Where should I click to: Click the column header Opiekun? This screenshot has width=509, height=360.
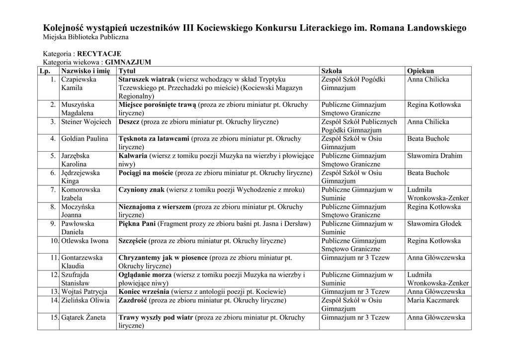[x=421, y=71]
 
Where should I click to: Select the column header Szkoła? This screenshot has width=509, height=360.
[x=332, y=71]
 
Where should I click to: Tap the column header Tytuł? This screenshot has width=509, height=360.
[x=128, y=71]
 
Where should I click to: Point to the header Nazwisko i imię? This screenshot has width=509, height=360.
[x=85, y=71]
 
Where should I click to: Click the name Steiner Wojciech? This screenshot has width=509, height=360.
[x=86, y=122]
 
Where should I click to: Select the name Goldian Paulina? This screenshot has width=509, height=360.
[x=85, y=139]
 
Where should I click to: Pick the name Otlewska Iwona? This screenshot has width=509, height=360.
[x=85, y=241]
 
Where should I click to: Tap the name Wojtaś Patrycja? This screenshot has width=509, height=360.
[x=84, y=292]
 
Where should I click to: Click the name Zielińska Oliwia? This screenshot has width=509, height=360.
[x=85, y=300]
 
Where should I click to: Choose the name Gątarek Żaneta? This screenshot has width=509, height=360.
[x=83, y=317]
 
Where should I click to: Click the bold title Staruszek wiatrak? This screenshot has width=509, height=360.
[x=147, y=80]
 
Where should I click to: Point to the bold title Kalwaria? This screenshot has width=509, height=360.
[x=133, y=156]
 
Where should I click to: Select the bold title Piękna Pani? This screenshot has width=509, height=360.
[x=137, y=224]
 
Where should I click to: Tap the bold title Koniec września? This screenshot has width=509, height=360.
[x=144, y=292]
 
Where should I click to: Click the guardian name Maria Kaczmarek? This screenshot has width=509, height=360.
[x=433, y=300]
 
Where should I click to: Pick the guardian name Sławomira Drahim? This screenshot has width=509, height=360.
[x=435, y=156]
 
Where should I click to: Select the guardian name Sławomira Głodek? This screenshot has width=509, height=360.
[x=434, y=224]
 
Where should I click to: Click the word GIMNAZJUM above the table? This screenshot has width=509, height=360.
[x=128, y=62]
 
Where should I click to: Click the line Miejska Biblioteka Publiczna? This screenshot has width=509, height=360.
[x=86, y=37]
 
